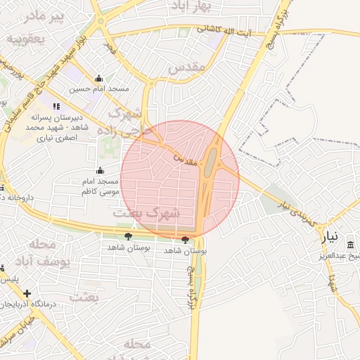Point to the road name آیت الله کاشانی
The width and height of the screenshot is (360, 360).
(221, 30)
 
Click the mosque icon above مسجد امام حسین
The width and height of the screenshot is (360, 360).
(99, 79)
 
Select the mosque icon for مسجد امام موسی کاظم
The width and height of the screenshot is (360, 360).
(101, 171)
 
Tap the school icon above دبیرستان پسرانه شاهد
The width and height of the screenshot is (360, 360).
(56, 106)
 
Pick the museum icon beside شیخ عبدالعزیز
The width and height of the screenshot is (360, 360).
(350, 245)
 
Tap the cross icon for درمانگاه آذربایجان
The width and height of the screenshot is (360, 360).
(27, 293)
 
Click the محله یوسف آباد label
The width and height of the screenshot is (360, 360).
(53, 253)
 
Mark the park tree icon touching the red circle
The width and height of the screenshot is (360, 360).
(185, 240)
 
